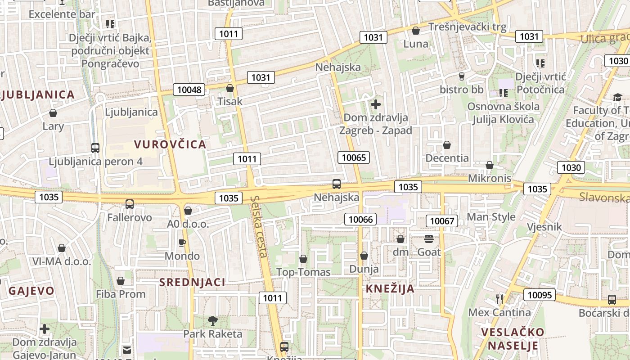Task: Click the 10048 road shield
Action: click(189, 90)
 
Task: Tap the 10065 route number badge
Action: click(354, 157)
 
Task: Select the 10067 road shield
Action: click(442, 220)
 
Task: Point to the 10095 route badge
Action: click(539, 295)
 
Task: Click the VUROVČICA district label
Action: click(170, 144)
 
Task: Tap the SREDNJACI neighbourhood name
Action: click(193, 282)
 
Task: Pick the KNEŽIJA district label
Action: click(390, 288)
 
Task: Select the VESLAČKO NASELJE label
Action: click(513, 339)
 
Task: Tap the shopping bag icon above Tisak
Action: click(230, 88)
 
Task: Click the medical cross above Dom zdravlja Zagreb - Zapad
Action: click(375, 105)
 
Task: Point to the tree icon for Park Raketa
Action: click(212, 321)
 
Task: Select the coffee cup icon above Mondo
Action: click(182, 243)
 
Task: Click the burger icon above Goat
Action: click(428, 239)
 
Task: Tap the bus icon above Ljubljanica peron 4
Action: click(95, 148)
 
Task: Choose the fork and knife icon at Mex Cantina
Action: click(499, 299)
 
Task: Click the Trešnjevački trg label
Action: click(468, 27)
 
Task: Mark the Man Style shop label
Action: click(491, 217)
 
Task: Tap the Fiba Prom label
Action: click(121, 294)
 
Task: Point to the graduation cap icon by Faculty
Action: click(617, 98)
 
